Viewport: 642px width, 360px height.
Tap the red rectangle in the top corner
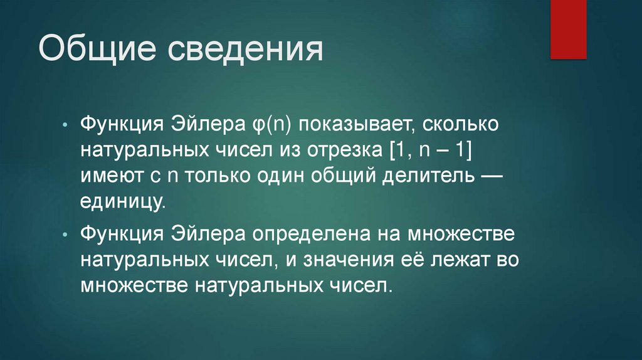point(568,29)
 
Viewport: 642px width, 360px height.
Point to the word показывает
point(354,124)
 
